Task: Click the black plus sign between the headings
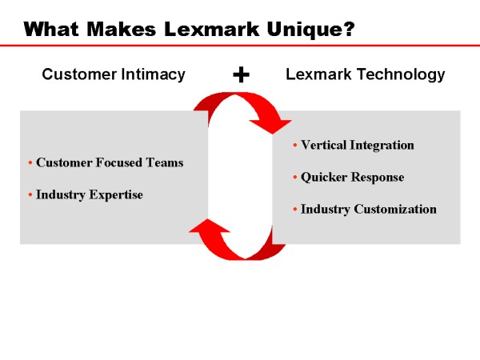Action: point(241,74)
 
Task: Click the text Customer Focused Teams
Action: point(110,162)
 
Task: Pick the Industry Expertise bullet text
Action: point(90,194)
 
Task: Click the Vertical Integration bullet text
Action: point(358,145)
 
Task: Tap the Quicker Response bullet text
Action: point(352,177)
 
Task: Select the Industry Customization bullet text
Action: point(369,209)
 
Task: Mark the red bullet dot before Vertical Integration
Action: point(295,146)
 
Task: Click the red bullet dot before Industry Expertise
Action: point(30,195)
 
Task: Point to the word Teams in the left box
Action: point(166,162)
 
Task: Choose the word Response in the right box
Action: point(377,177)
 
